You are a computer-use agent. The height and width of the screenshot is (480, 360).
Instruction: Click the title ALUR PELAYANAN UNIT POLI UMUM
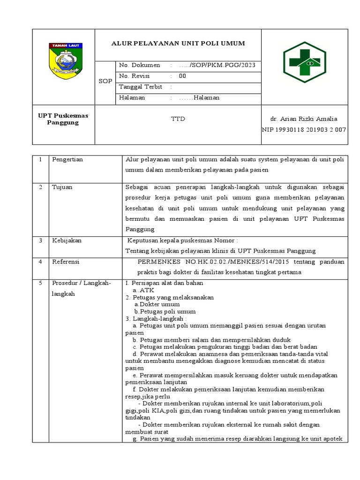click(x=178, y=44)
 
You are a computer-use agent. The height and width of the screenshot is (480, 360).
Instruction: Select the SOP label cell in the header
click(x=105, y=81)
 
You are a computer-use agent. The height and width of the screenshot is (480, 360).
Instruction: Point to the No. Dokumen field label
click(x=140, y=65)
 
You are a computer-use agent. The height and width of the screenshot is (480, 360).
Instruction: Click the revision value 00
click(x=182, y=76)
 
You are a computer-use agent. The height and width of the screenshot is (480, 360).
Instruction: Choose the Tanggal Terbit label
click(x=141, y=87)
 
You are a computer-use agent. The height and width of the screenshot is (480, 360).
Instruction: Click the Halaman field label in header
click(x=132, y=97)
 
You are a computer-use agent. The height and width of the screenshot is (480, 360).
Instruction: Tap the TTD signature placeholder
click(x=178, y=119)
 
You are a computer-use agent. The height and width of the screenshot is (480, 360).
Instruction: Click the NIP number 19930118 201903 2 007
click(x=304, y=129)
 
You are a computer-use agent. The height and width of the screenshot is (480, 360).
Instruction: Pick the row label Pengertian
click(x=67, y=159)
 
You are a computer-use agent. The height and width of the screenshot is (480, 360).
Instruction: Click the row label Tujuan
click(x=62, y=187)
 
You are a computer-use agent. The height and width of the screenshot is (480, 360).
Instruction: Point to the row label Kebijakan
click(x=67, y=240)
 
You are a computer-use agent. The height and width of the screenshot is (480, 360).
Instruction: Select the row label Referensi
click(x=66, y=261)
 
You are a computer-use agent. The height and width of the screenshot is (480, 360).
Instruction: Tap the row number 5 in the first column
click(x=41, y=283)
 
